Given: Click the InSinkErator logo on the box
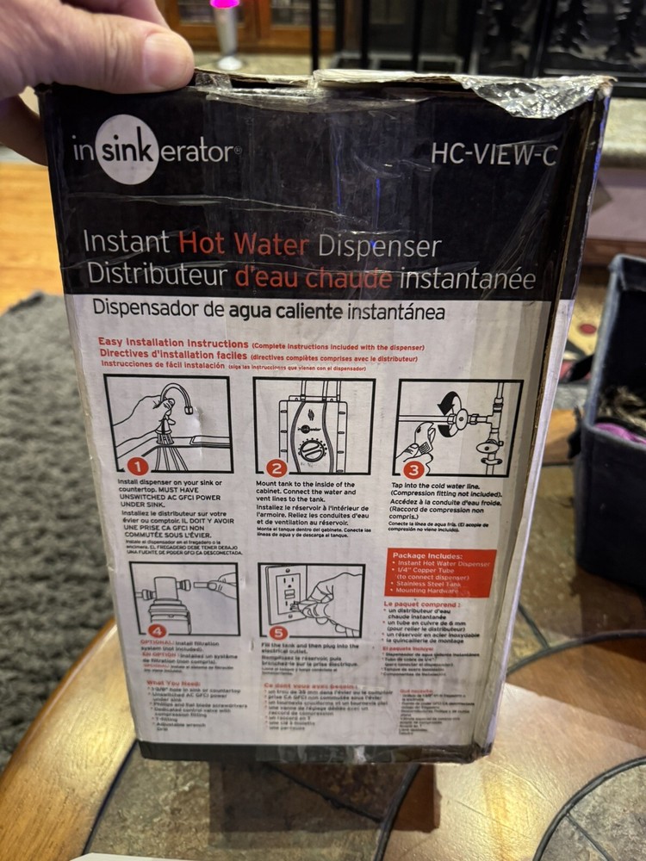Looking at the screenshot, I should click(x=156, y=151).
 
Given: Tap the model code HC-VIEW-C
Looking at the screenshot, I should click(x=494, y=154).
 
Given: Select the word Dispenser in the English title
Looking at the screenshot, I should click(x=380, y=247).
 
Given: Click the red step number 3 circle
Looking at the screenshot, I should click(x=413, y=470).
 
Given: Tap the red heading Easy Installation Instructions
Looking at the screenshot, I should click(x=173, y=342).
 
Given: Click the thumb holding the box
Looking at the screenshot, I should click(x=129, y=60).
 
